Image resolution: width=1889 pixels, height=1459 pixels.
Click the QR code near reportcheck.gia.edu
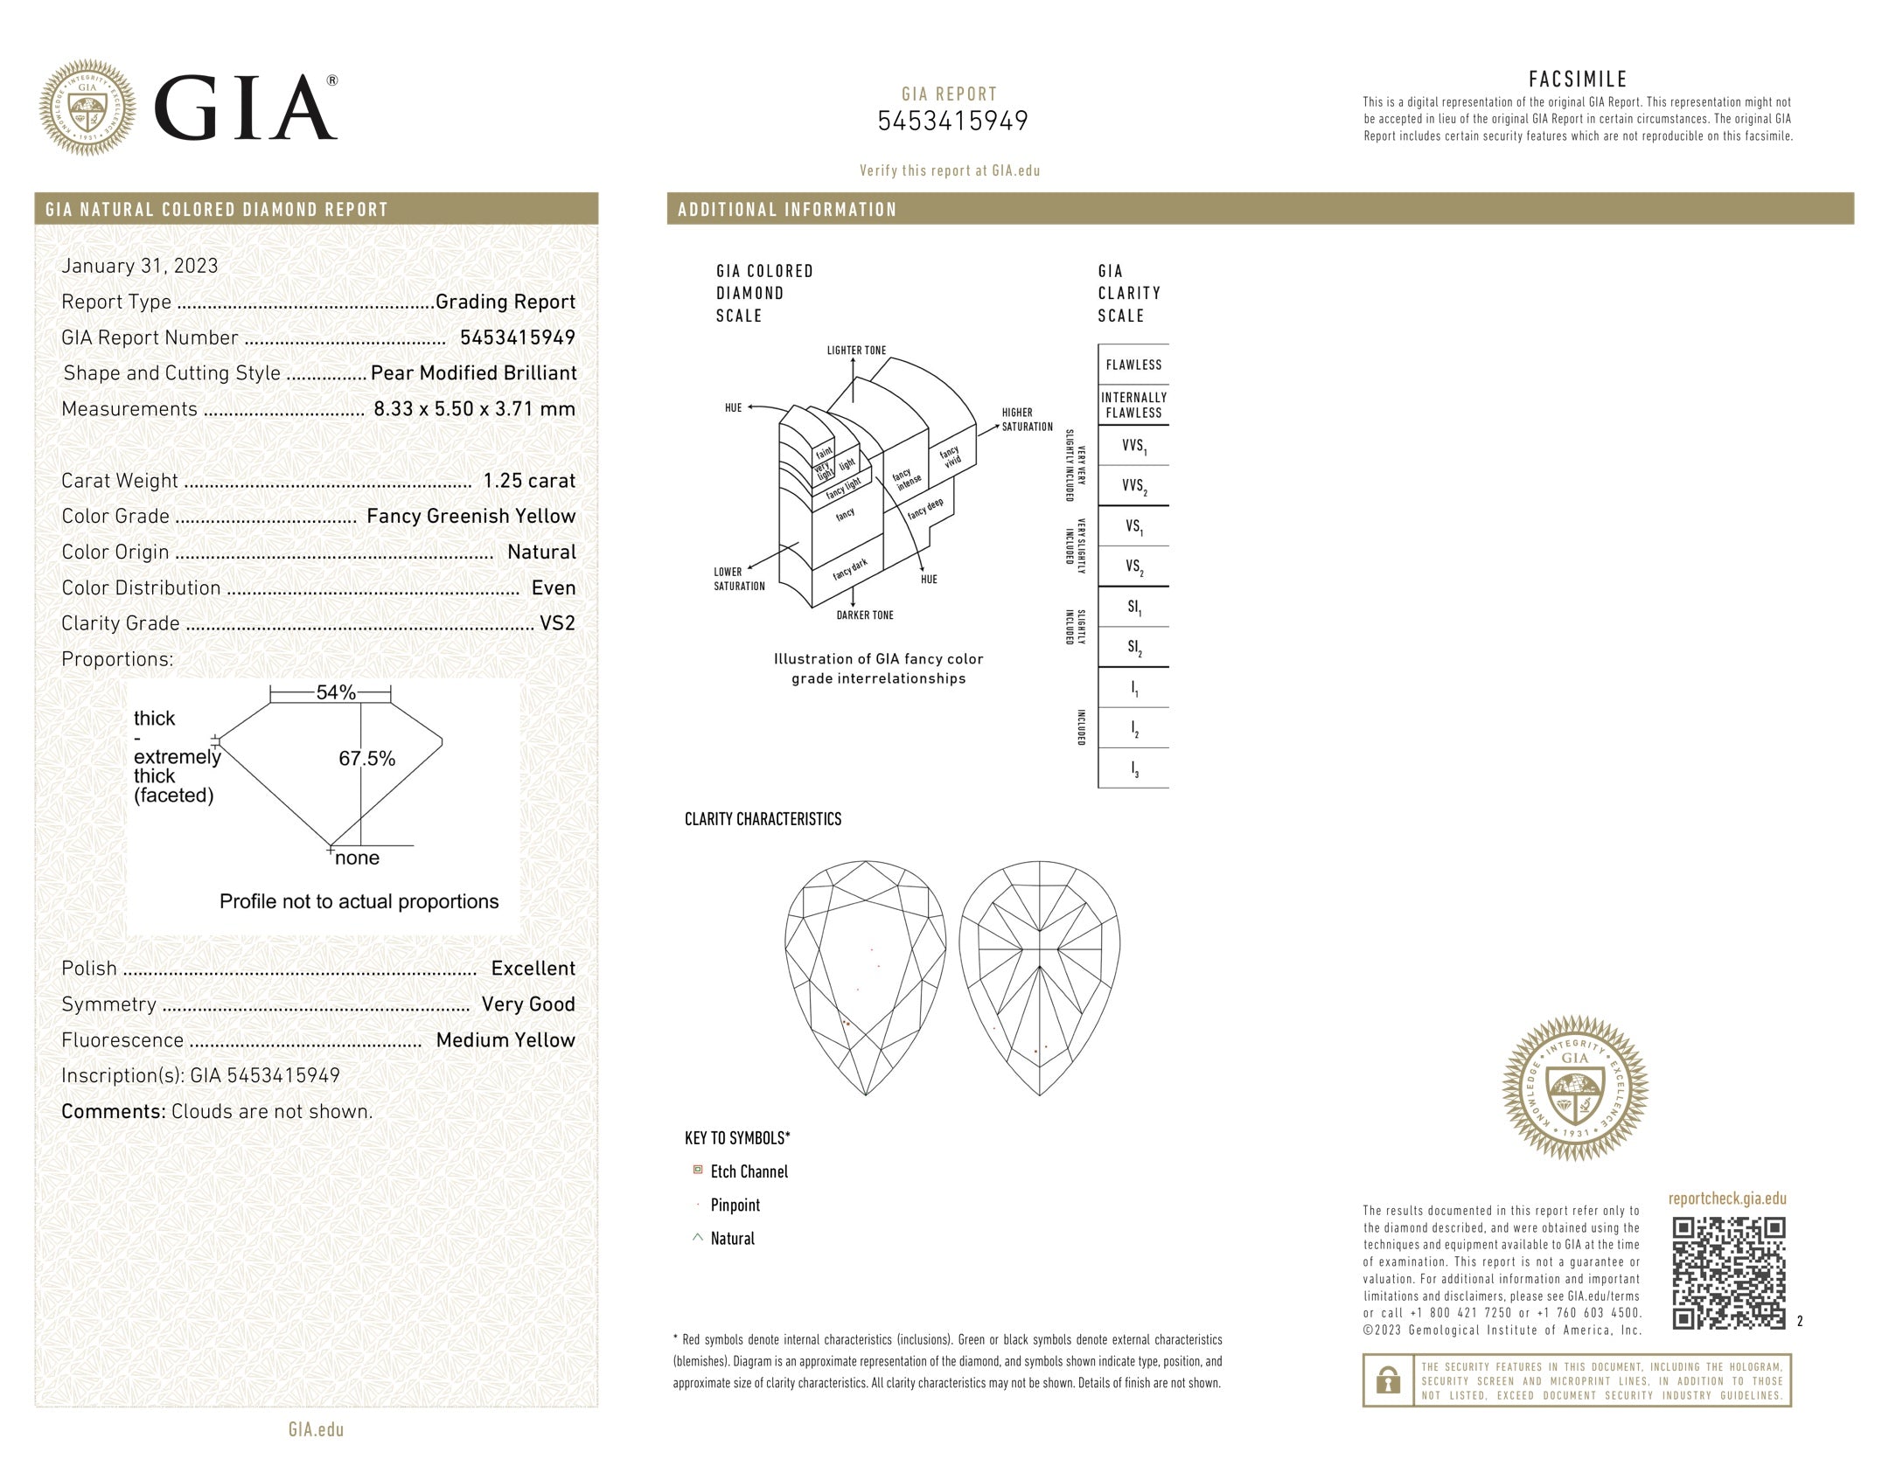[x=1728, y=1273]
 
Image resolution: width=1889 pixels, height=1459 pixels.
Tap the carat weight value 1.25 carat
[x=529, y=481]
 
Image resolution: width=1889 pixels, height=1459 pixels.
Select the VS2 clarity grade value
[x=558, y=624]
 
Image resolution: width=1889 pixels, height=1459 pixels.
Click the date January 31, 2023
[x=140, y=266]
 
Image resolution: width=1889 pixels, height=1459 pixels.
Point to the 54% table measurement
[x=336, y=693]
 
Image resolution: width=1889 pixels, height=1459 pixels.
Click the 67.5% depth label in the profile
[x=367, y=759]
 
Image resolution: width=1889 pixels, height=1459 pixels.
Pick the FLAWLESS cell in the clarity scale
[x=1133, y=365]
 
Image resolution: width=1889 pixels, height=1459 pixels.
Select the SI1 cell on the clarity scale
[x=1133, y=607]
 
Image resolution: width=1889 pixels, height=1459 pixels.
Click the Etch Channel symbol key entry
[x=749, y=1172]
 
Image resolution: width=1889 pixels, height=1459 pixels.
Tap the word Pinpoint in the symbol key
[x=735, y=1205]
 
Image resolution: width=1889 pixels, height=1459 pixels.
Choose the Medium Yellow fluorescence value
[x=505, y=1040]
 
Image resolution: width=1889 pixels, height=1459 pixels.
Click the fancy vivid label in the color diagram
[x=951, y=455]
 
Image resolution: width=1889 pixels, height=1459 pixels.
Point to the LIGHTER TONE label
[x=856, y=351]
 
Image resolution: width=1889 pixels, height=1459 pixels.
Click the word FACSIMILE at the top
[x=1578, y=80]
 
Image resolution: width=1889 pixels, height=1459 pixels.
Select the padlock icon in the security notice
[x=1387, y=1381]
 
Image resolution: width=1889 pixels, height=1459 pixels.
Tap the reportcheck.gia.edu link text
[x=1727, y=1198]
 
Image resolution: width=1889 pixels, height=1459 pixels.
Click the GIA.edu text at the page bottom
[x=316, y=1429]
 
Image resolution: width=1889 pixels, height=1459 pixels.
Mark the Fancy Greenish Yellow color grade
[x=471, y=517]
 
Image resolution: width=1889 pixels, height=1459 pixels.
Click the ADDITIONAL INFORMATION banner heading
[x=787, y=210]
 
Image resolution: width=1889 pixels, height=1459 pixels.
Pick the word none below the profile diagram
[x=357, y=858]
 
